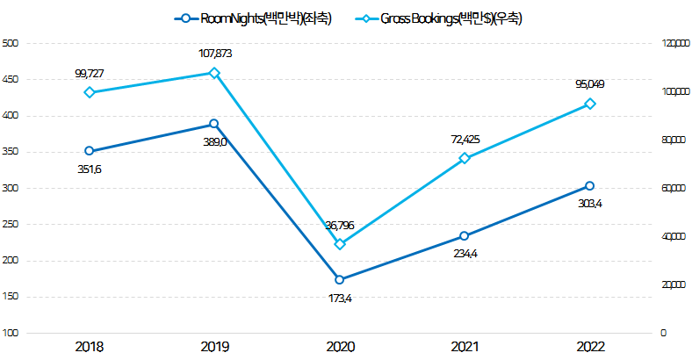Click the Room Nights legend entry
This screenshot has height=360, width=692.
[x=254, y=18]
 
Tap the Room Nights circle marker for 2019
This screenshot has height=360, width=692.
[x=214, y=124]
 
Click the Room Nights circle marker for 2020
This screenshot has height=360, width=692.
[x=340, y=280]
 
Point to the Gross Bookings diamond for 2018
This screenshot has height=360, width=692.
[x=89, y=92]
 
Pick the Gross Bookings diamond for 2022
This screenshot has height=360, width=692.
[x=590, y=104]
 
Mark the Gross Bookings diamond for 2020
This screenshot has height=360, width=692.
[x=340, y=244]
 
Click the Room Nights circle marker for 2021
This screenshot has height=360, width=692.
[x=465, y=236]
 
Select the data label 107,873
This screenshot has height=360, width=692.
[x=215, y=54]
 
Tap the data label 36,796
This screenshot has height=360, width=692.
[x=339, y=226]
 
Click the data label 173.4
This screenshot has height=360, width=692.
[x=340, y=299]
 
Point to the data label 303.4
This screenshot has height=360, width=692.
[x=590, y=204]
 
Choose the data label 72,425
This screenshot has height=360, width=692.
[x=465, y=140]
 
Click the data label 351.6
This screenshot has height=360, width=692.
[x=89, y=169]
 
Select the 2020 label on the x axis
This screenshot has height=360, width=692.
[x=340, y=348]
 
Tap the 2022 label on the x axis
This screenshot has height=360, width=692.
[x=590, y=348]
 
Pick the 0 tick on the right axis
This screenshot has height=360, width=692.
[x=664, y=334]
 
